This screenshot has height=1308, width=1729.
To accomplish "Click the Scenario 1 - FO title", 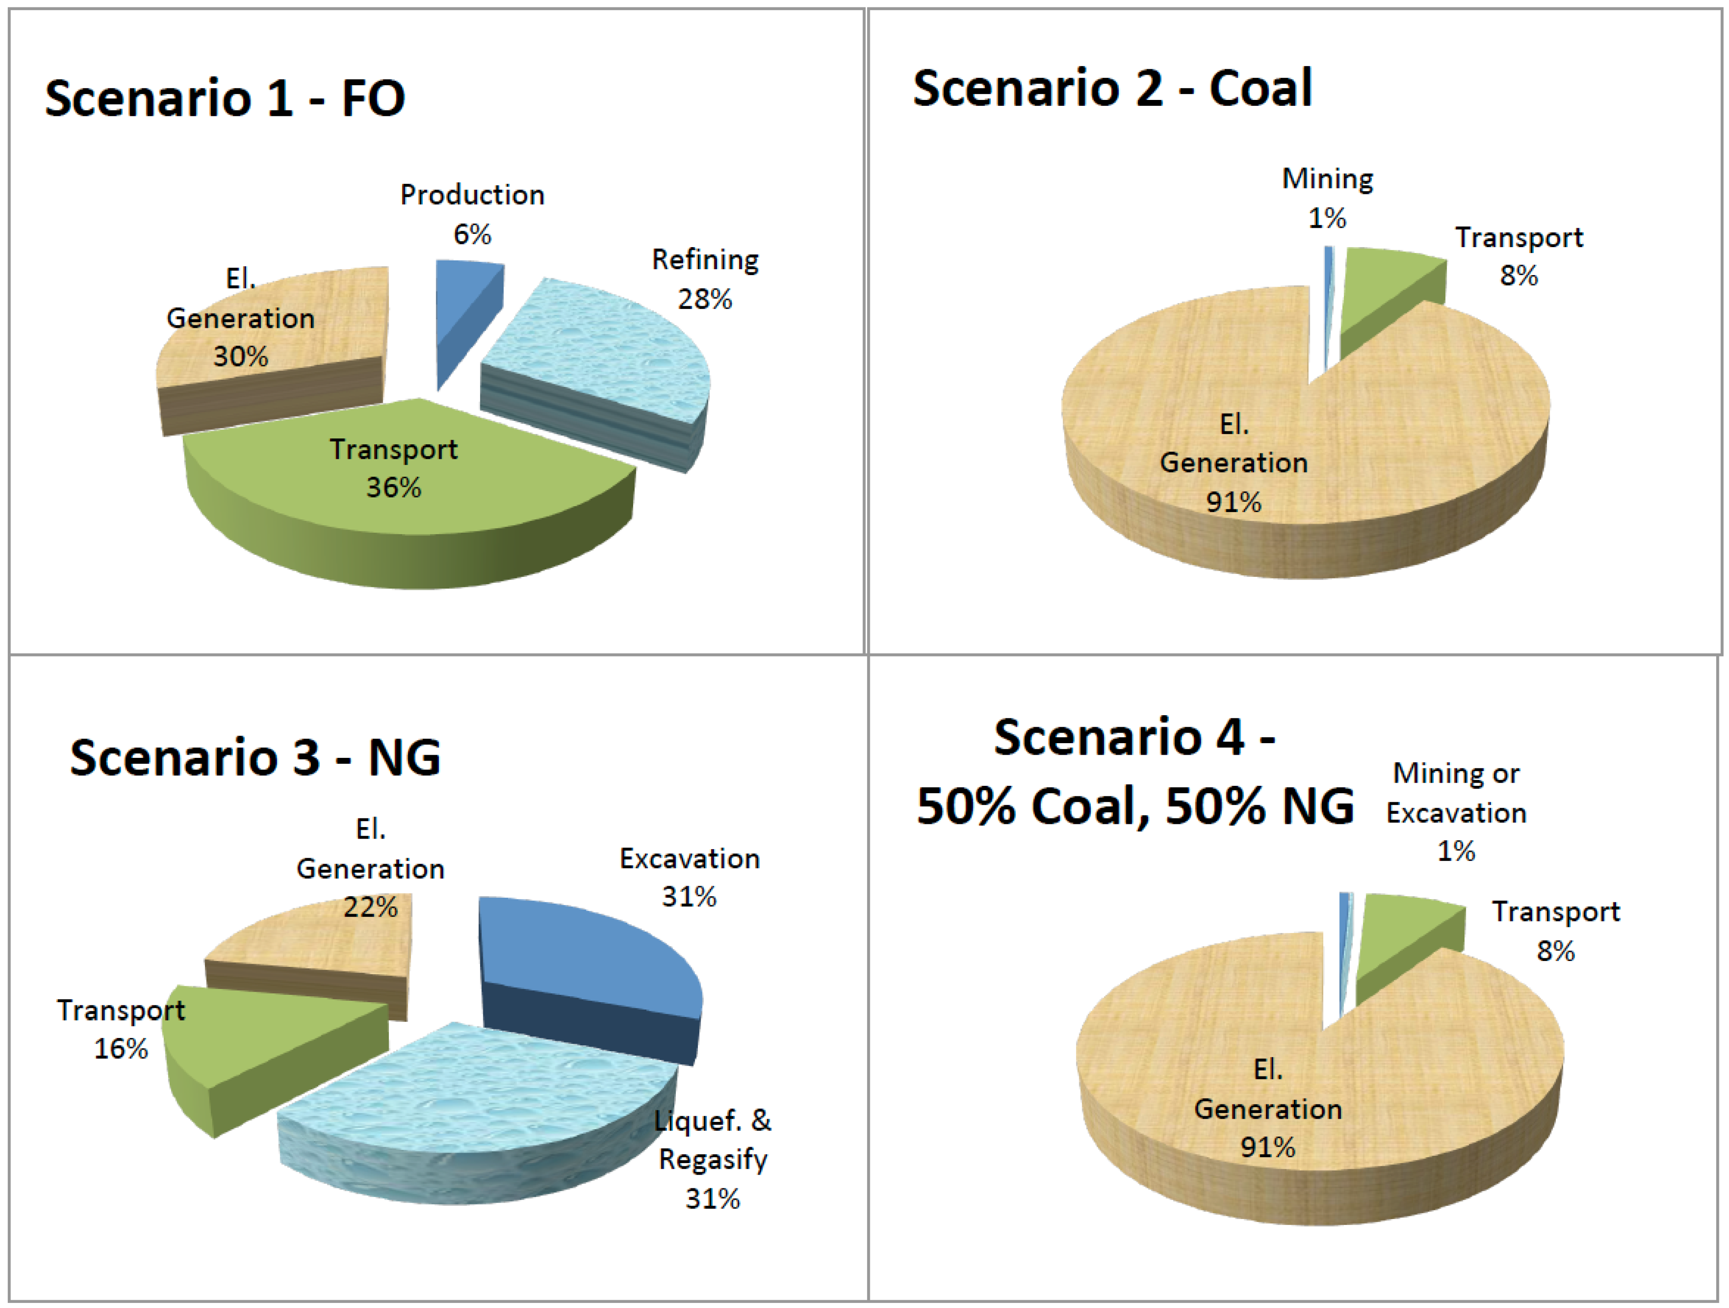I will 225,99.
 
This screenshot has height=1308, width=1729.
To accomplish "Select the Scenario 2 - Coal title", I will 1112,88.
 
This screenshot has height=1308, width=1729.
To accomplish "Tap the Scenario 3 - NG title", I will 255,758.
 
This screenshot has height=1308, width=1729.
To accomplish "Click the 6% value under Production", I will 472,234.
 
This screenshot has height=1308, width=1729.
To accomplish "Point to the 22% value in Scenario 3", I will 370,908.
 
